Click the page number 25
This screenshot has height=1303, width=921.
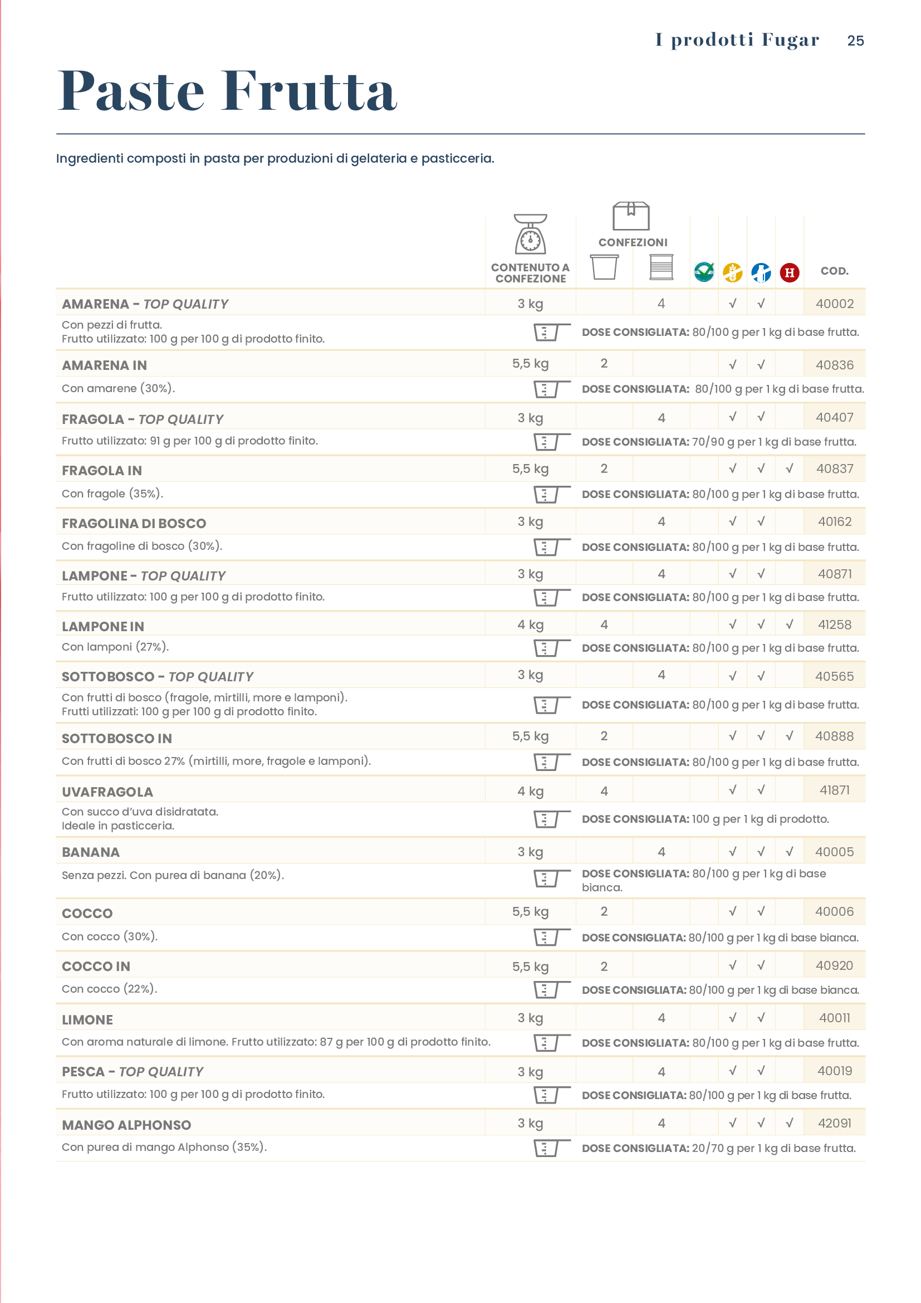(855, 41)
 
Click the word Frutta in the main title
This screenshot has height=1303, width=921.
(310, 91)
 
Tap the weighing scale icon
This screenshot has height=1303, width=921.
(530, 235)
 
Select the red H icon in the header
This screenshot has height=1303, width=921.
(790, 272)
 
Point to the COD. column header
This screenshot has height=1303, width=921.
(834, 271)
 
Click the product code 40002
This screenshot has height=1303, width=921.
(834, 304)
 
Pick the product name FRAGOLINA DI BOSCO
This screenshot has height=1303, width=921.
(134, 523)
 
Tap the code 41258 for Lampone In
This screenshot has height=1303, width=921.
(834, 625)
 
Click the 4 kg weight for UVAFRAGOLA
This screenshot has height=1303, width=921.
(530, 791)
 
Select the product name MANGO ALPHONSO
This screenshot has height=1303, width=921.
(126, 1125)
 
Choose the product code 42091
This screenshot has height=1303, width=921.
(834, 1123)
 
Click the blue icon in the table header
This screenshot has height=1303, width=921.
(761, 272)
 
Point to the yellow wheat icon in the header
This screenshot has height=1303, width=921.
(732, 272)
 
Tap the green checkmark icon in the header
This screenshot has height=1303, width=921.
(704, 272)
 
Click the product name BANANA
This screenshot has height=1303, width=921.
(91, 852)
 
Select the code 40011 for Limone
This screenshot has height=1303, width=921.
(834, 1018)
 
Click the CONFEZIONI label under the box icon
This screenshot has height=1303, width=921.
(633, 242)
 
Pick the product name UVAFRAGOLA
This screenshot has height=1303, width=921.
(107, 792)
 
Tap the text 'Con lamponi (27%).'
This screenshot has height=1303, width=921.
(115, 647)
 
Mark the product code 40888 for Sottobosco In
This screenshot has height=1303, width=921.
(834, 736)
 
